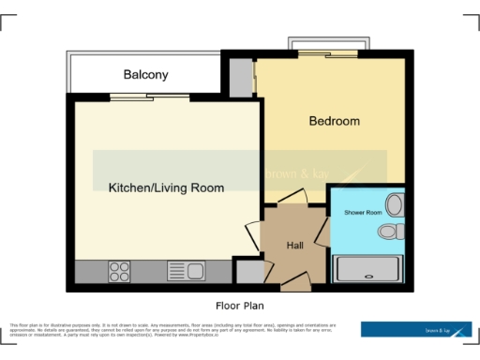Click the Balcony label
[145, 74]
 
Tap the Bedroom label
[335, 121]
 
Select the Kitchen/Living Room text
[166, 187]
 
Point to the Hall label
[294, 245]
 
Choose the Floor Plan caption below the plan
[241, 306]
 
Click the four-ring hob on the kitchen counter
[119, 272]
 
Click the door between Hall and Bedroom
[292, 198]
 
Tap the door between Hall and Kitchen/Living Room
[254, 234]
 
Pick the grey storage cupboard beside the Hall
[248, 272]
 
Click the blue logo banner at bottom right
[416, 329]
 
